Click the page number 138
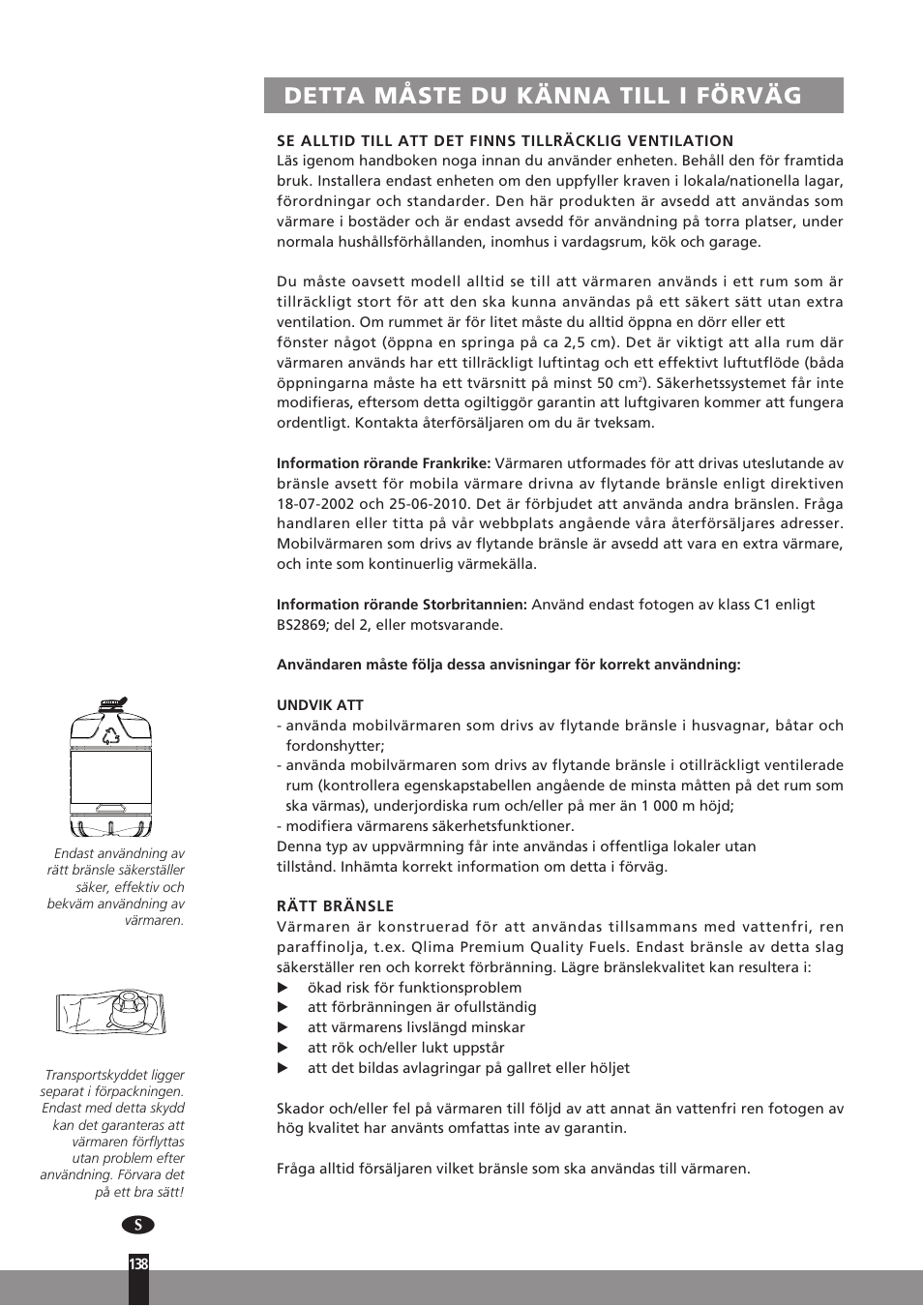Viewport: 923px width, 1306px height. [x=138, y=1263]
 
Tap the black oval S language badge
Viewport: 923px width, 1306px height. [x=138, y=1225]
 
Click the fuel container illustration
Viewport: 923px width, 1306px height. [x=111, y=768]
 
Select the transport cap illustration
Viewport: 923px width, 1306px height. [x=111, y=1012]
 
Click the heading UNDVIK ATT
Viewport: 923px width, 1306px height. [x=320, y=705]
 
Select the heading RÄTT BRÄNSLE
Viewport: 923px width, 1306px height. [x=336, y=906]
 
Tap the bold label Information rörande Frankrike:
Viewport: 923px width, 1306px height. [x=384, y=463]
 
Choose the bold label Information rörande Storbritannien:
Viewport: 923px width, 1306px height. [x=402, y=605]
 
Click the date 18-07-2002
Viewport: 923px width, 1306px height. [x=314, y=504]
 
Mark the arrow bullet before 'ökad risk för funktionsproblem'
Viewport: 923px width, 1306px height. [x=283, y=988]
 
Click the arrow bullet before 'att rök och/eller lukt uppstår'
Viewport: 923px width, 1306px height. [x=283, y=1048]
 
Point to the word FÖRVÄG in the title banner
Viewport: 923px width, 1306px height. [x=749, y=96]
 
